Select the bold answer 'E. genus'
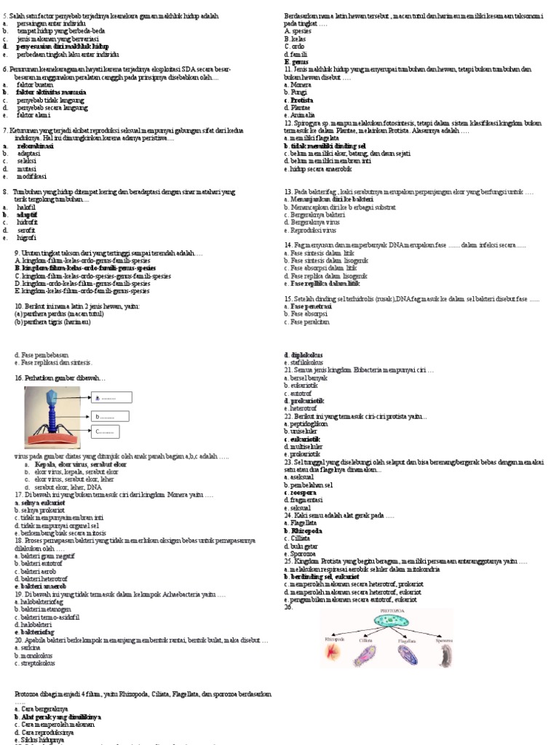pos(295,62)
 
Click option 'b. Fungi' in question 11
pos(295,92)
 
